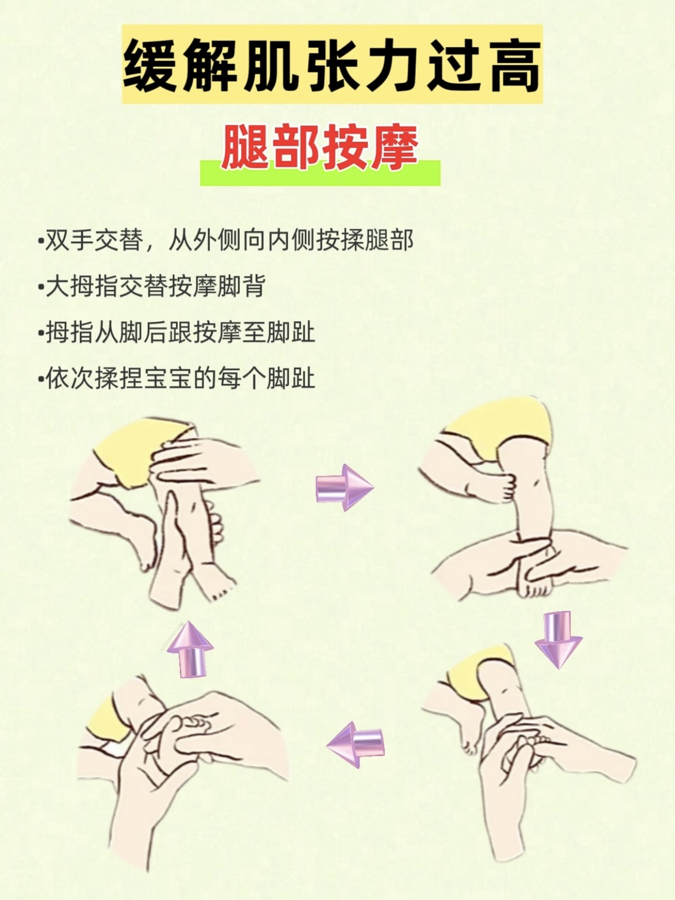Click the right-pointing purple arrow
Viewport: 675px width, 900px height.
pos(344,487)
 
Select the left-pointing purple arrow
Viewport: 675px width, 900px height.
pos(355,744)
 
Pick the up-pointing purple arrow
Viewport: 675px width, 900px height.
pos(190,649)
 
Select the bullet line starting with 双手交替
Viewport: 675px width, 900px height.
pos(226,241)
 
